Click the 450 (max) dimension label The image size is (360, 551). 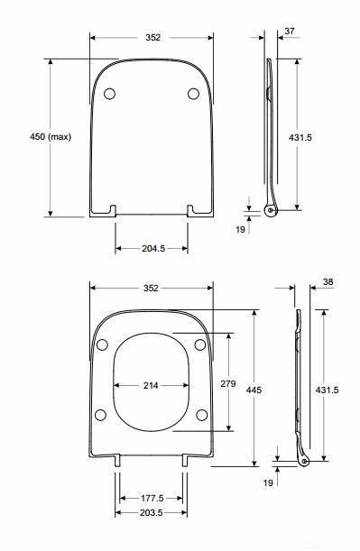pos(51,137)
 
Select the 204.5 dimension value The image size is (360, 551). pos(153,248)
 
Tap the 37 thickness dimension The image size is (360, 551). pos(290,32)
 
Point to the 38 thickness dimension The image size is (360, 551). pos(328,282)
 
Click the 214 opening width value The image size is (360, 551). pos(151,385)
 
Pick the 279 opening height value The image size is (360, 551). pos(228,384)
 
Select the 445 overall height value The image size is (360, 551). pos(254,390)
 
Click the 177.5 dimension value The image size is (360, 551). pos(152,499)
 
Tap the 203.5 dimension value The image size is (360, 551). pos(152,513)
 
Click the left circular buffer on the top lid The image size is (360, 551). pos(110,94)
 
